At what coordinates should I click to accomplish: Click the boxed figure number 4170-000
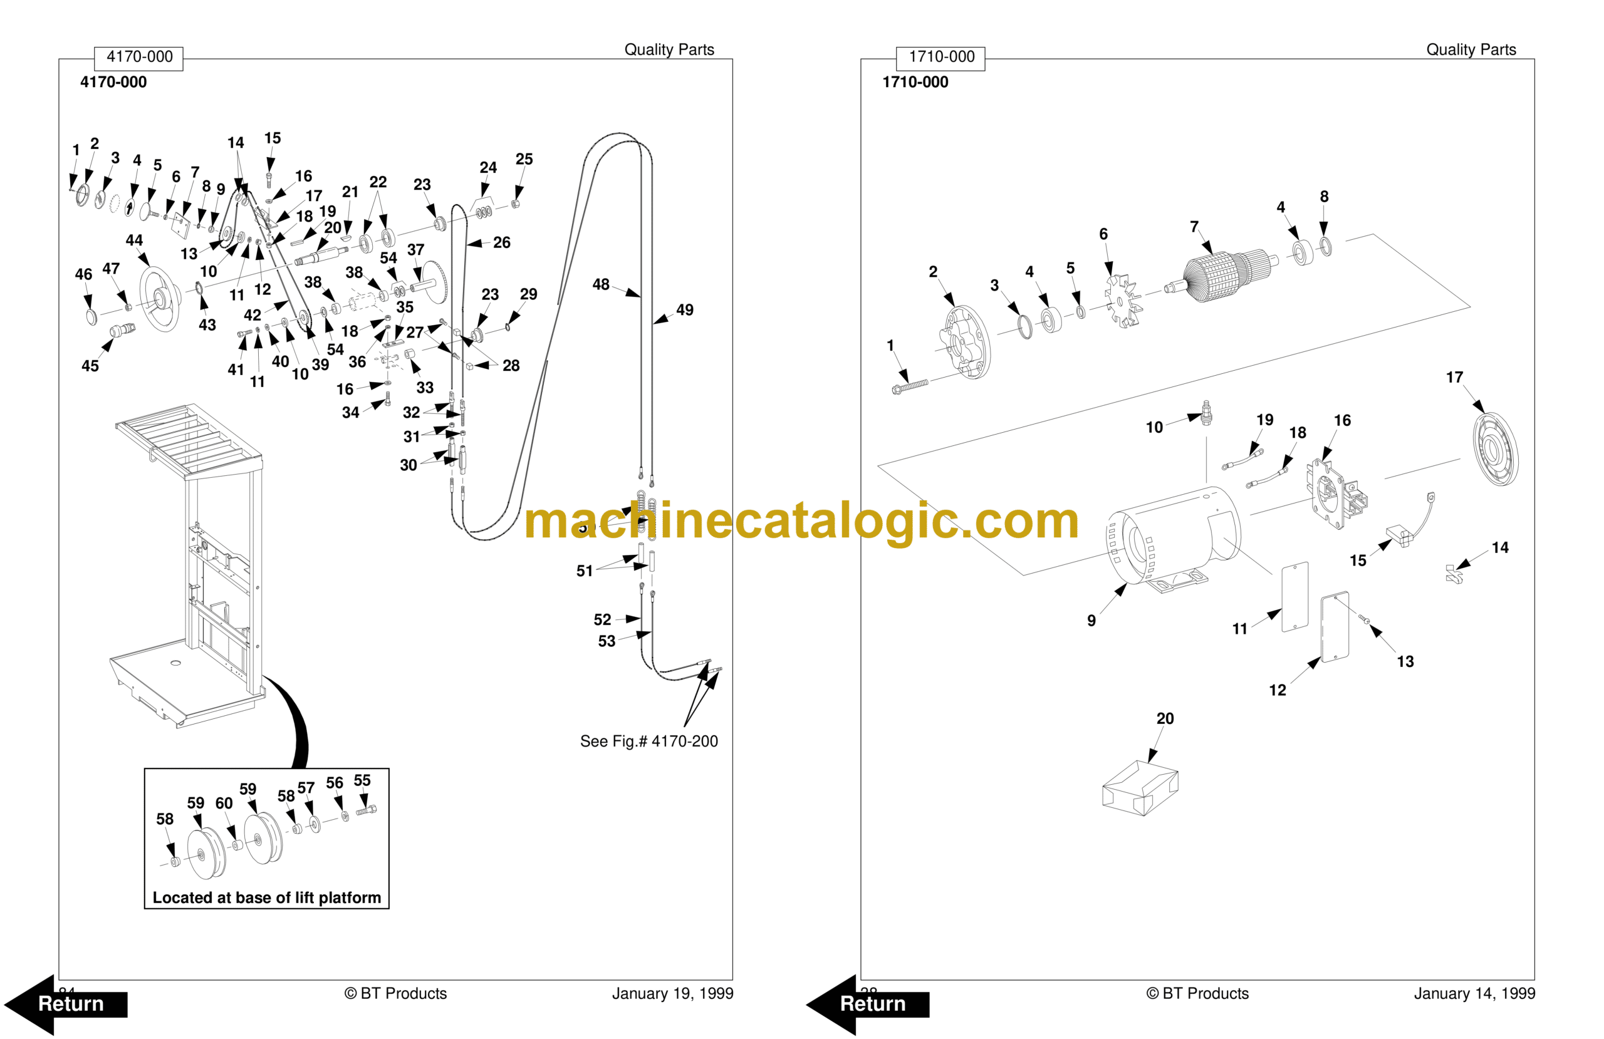(139, 56)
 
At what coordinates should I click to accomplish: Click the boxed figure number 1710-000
(941, 56)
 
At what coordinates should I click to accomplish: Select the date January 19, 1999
(672, 993)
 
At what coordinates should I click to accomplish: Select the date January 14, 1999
(1474, 993)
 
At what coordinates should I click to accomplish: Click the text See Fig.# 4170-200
(648, 741)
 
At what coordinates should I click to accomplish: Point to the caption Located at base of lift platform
(266, 897)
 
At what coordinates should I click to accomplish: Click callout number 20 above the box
(1165, 718)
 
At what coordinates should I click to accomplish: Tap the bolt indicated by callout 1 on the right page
(909, 386)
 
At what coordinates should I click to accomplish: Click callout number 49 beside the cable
(684, 310)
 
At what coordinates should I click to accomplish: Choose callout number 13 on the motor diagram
(1405, 662)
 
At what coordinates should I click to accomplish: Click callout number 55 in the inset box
(362, 780)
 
